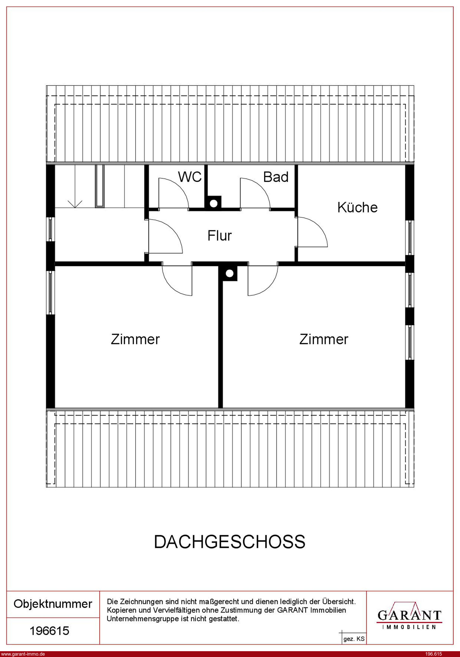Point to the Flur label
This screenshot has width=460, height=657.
pyautogui.click(x=219, y=236)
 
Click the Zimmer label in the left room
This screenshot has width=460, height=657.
pyautogui.click(x=135, y=339)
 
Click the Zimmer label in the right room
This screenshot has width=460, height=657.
pyautogui.click(x=324, y=339)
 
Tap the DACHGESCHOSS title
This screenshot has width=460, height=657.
pyautogui.click(x=230, y=542)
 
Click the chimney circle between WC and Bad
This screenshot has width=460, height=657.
pyautogui.click(x=213, y=203)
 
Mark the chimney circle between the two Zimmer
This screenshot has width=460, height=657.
pyautogui.click(x=229, y=273)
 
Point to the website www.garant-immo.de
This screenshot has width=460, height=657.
pyautogui.click(x=23, y=654)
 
